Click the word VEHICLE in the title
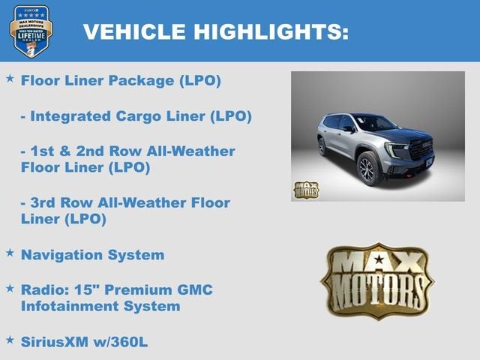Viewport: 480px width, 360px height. tap(132, 31)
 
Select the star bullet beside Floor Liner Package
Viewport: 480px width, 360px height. tap(10, 79)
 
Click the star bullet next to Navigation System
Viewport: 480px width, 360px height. tap(10, 253)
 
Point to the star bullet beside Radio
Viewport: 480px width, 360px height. tap(10, 288)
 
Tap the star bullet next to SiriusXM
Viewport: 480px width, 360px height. tap(10, 340)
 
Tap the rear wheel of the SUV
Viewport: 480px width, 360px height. tap(323, 146)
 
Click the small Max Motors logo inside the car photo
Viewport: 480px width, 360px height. tap(305, 189)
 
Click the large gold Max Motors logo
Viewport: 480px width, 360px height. tap(376, 280)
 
